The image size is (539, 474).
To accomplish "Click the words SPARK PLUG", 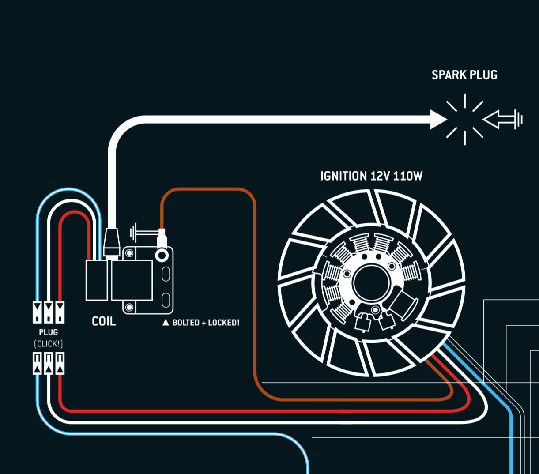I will (x=464, y=75).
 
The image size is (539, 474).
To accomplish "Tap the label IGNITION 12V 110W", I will (x=371, y=176).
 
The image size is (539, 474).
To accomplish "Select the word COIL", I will (x=104, y=321).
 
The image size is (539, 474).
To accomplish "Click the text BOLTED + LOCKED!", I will (x=206, y=323).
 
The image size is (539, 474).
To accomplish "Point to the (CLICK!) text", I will (x=49, y=343).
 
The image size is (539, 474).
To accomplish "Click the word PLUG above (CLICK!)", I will (x=49, y=332).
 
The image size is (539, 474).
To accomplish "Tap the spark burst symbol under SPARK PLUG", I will (x=464, y=119).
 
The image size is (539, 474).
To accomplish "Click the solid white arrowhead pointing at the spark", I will (x=438, y=119).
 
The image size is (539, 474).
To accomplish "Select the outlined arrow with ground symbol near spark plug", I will (x=502, y=119).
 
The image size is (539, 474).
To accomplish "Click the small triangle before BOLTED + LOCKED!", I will (x=166, y=323).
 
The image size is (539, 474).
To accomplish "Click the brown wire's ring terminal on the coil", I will (x=162, y=254).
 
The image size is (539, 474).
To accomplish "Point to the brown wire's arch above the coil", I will (x=207, y=190).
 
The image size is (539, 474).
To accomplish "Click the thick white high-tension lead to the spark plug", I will (x=265, y=119).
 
